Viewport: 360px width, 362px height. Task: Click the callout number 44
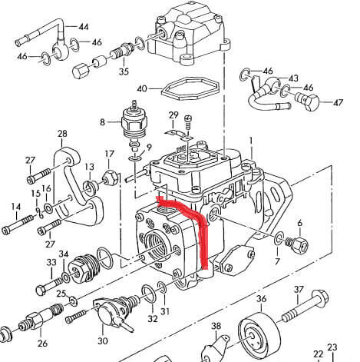tap(84, 27)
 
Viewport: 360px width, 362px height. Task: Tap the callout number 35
tap(124, 71)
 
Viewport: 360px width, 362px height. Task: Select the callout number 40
tap(142, 88)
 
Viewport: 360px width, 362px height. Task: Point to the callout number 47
tap(338, 102)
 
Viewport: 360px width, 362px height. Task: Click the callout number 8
tap(102, 122)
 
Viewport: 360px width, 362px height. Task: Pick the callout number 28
tap(62, 134)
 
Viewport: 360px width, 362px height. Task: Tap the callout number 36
tap(261, 299)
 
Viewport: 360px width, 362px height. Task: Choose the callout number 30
tap(103, 341)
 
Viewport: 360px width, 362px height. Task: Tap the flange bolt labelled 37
tap(306, 306)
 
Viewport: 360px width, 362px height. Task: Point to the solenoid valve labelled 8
tap(133, 126)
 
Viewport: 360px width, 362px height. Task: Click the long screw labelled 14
tap(17, 224)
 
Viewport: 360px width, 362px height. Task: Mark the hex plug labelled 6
tap(296, 244)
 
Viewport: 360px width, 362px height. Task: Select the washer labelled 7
tap(279, 237)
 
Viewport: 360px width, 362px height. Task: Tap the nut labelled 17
tap(111, 178)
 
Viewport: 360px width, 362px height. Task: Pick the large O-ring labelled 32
tap(148, 294)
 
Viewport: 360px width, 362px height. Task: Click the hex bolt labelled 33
tap(49, 286)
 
